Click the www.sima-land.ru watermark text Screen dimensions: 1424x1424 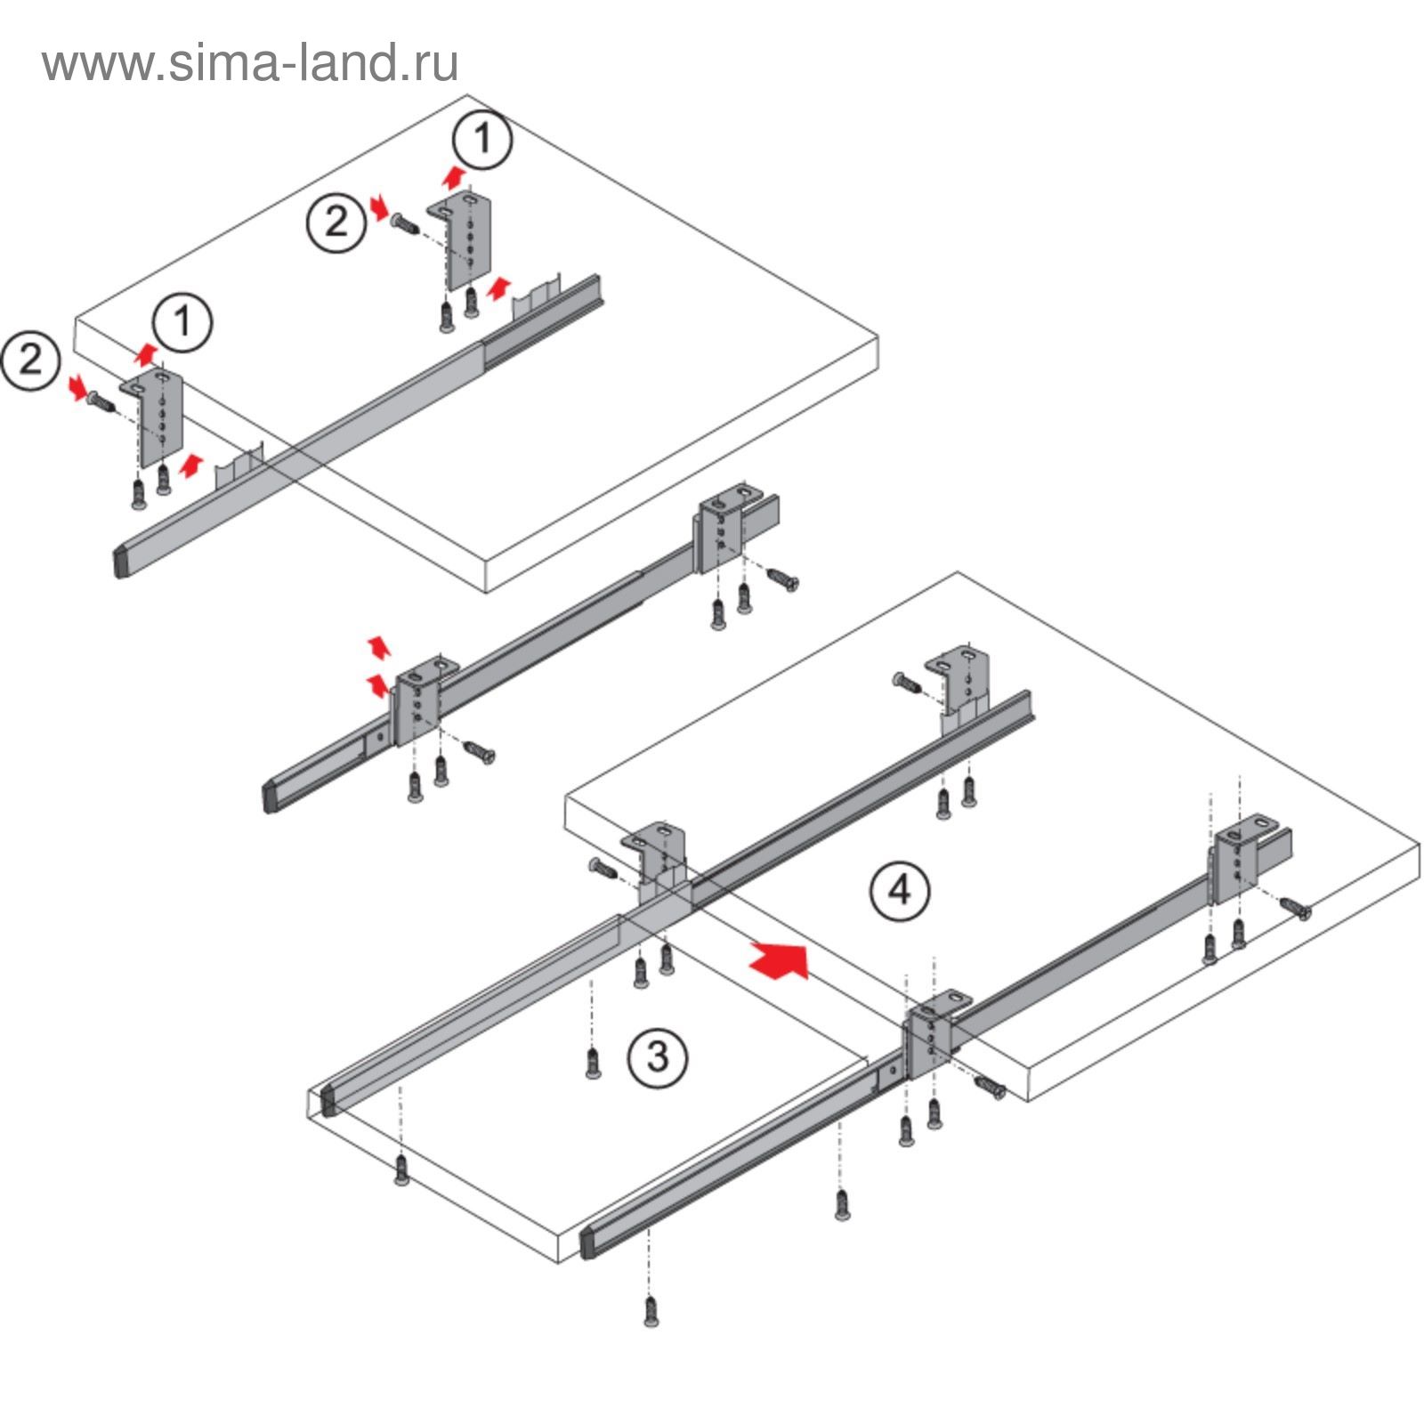[250, 63]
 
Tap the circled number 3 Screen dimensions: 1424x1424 [658, 1056]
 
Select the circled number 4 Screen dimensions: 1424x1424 [900, 890]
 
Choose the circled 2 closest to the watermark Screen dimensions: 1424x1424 [336, 221]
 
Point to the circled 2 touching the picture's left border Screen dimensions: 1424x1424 [30, 360]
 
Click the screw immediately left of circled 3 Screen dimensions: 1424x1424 [594, 1063]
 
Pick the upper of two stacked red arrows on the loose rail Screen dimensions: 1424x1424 [380, 646]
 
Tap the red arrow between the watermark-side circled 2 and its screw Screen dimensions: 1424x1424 [380, 210]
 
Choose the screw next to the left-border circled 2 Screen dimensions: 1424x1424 [101, 402]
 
